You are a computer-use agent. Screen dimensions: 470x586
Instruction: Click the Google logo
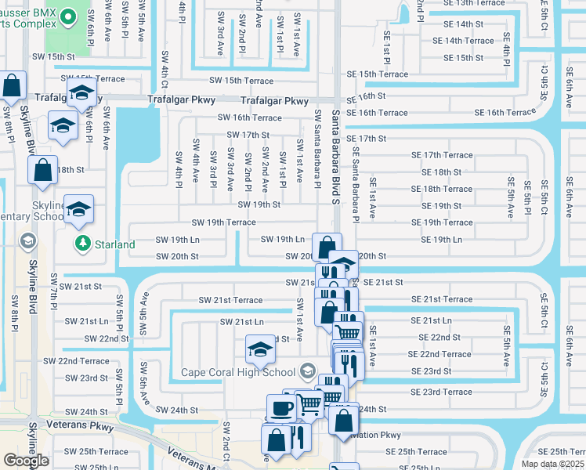tap(26, 461)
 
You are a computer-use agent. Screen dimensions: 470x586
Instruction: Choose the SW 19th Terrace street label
tap(223, 222)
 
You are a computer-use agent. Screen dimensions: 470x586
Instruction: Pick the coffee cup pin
tap(281, 408)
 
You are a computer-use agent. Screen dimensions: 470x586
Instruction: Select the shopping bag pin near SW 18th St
tap(43, 168)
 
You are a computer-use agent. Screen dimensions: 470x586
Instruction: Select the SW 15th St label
tap(53, 57)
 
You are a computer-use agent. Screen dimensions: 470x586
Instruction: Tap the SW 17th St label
tap(248, 135)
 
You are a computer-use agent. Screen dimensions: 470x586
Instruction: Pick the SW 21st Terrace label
tap(230, 300)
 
